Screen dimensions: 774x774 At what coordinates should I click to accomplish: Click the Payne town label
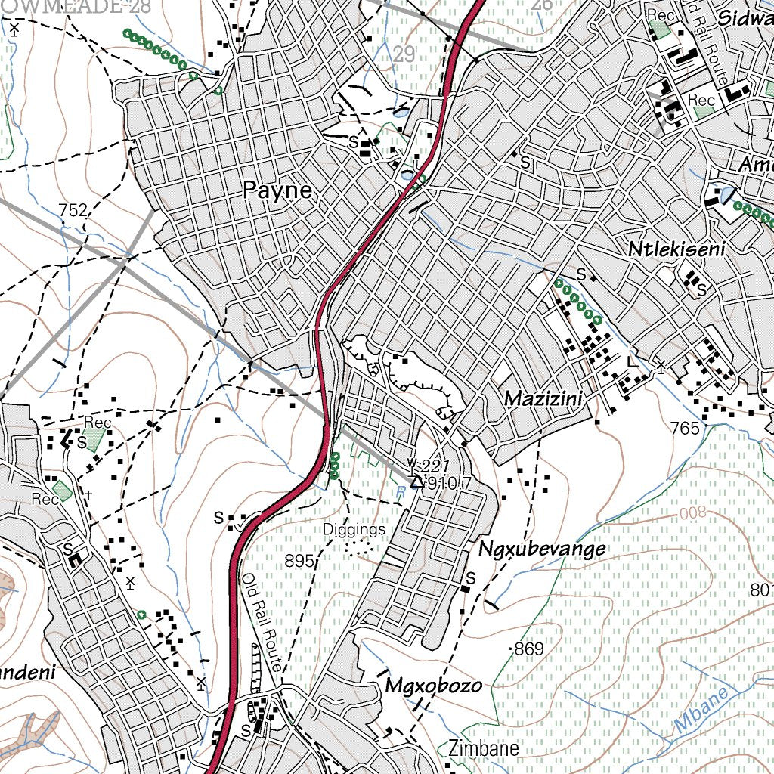point(277,190)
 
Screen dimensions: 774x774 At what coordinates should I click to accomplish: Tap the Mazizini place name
point(545,398)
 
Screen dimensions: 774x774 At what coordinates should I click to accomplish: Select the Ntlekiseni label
point(676,249)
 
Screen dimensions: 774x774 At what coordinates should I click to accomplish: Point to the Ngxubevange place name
point(542,549)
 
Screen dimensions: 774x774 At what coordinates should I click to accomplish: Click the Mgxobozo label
point(433,686)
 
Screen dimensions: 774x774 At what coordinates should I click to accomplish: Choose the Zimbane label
point(483,748)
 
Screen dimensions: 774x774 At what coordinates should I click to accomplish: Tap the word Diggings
point(354,529)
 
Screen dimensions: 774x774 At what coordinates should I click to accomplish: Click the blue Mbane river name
point(701,710)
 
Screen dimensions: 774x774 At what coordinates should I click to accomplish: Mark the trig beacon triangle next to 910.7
point(416,481)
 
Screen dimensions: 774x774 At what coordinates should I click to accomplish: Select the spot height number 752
point(73,211)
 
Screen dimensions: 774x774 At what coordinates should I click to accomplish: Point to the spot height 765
point(685,428)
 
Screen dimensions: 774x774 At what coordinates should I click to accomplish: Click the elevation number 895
point(299,561)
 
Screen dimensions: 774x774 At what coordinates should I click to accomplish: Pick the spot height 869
point(529,649)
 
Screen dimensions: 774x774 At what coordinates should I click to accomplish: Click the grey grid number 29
point(404,54)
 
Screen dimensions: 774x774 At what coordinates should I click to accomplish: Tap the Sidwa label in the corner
point(744,17)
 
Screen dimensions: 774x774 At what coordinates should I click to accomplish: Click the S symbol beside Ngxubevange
point(469,579)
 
